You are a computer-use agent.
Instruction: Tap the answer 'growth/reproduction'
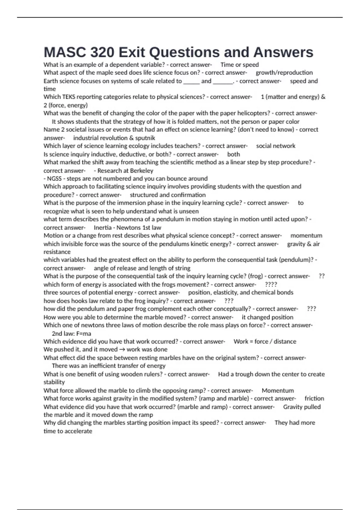284,73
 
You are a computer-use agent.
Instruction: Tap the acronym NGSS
54,178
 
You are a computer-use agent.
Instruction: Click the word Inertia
103,228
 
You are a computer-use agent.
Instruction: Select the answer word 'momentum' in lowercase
306,235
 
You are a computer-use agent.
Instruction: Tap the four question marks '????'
271,284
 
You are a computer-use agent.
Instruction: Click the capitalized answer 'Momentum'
278,391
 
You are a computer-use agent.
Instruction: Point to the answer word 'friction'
314,398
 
